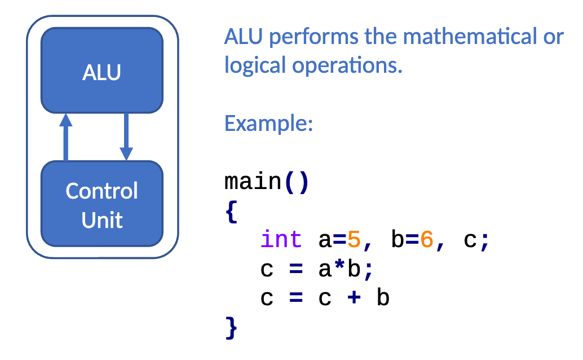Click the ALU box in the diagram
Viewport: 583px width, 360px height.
pyautogui.click(x=102, y=71)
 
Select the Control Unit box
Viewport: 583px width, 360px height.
pyautogui.click(x=102, y=204)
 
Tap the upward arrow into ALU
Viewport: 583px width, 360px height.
pyautogui.click(x=66, y=137)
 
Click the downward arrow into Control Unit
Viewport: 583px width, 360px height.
pyautogui.click(x=126, y=137)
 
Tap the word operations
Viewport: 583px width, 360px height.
pyautogui.click(x=347, y=66)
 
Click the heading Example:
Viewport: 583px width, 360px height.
pyautogui.click(x=268, y=123)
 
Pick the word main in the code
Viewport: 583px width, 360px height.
pyautogui.click(x=253, y=182)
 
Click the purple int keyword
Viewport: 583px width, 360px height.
pyautogui.click(x=281, y=239)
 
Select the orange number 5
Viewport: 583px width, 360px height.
pyautogui.click(x=354, y=239)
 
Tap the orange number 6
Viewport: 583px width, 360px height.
pyautogui.click(x=427, y=239)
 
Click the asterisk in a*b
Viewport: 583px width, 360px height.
pyautogui.click(x=339, y=265)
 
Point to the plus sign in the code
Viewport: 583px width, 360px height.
pyautogui.click(x=354, y=297)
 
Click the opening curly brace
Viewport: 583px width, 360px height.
pyautogui.click(x=232, y=211)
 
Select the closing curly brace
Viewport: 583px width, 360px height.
pyautogui.click(x=231, y=328)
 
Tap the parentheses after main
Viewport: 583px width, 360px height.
pyautogui.click(x=297, y=182)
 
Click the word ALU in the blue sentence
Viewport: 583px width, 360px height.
pyautogui.click(x=244, y=37)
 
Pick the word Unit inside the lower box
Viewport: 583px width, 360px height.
pyautogui.click(x=102, y=220)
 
